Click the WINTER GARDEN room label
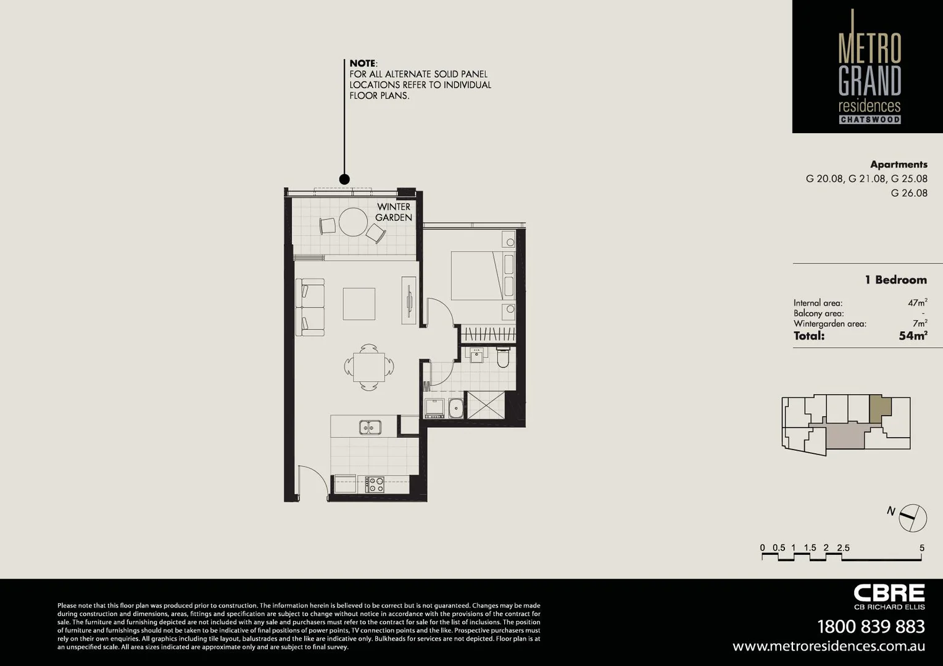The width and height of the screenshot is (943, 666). [x=394, y=212]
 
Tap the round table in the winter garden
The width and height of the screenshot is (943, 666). [x=353, y=222]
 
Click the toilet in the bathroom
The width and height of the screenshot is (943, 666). [x=503, y=357]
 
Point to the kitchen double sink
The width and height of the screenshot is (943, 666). [x=370, y=427]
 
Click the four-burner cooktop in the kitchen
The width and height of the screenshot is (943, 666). [x=375, y=484]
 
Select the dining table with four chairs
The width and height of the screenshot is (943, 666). [x=369, y=367]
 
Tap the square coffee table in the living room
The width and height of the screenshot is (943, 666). [x=359, y=303]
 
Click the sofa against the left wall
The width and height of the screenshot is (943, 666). [x=310, y=307]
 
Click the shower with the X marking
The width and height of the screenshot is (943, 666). [x=486, y=405]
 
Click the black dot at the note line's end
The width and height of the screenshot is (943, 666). [x=344, y=179]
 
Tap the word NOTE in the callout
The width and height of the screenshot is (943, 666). [x=362, y=63]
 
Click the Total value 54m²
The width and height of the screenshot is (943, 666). [x=913, y=335]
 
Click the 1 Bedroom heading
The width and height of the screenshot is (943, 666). [x=895, y=280]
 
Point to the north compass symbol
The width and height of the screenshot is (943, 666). [x=912, y=518]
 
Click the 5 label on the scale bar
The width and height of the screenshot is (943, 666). [x=921, y=548]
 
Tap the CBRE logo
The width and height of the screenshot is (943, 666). [x=889, y=593]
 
